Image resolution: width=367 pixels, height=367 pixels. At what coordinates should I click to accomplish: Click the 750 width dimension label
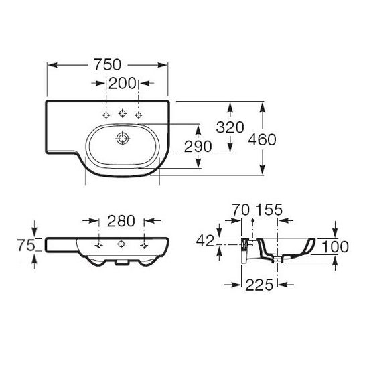107,64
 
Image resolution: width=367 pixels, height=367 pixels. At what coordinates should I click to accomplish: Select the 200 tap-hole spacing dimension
122,83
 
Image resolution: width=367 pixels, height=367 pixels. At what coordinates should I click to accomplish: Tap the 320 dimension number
230,127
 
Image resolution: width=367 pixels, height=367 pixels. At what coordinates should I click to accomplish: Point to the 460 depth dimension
262,139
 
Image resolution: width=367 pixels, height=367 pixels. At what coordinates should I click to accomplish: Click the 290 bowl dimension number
198,147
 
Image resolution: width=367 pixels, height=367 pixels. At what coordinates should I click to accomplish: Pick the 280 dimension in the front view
121,221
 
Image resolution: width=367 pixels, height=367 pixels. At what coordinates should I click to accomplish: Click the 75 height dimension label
26,246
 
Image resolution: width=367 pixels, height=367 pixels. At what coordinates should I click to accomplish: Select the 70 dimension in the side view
241,210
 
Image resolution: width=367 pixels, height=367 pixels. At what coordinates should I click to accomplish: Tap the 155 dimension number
269,210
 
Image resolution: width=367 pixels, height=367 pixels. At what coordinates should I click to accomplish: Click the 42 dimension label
205,241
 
